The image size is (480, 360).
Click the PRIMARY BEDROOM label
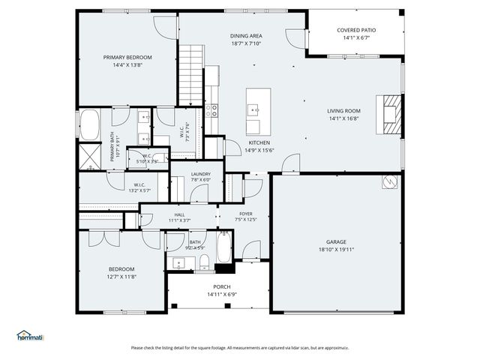(127, 58)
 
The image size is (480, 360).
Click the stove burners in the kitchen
(214, 110)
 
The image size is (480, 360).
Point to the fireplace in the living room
(391, 114)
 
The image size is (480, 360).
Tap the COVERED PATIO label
(356, 30)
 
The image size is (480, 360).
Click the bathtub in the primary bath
(89, 125)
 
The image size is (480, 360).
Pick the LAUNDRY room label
(200, 173)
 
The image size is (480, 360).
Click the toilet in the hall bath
(203, 262)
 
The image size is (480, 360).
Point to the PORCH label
(222, 287)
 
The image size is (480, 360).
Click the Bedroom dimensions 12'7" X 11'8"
(121, 277)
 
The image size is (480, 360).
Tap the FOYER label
(245, 214)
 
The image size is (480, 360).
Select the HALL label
(180, 214)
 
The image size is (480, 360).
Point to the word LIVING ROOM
(343, 111)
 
